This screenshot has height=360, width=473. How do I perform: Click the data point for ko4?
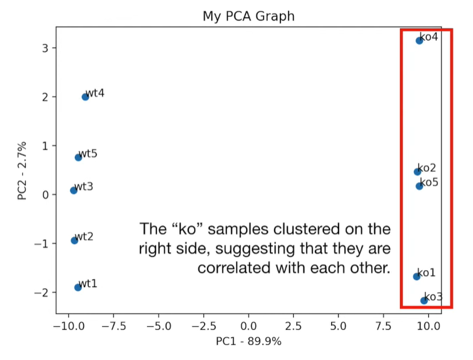(x=419, y=40)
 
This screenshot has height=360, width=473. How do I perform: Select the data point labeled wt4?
(x=85, y=96)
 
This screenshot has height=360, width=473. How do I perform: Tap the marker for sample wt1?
(x=78, y=287)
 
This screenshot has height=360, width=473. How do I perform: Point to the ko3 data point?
(x=424, y=300)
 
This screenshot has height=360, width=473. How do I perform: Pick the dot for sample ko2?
(x=417, y=172)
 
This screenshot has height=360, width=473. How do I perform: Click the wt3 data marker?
(x=74, y=190)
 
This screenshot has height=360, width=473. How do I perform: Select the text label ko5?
(x=429, y=182)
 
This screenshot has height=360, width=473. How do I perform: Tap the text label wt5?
(x=88, y=154)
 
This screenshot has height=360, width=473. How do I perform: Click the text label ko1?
(x=427, y=273)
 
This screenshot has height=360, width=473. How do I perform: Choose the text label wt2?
(x=84, y=236)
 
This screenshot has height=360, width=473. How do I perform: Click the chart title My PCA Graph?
(x=249, y=16)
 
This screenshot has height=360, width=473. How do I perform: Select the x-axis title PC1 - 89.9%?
(x=249, y=341)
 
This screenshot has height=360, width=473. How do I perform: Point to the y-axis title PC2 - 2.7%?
(x=22, y=170)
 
